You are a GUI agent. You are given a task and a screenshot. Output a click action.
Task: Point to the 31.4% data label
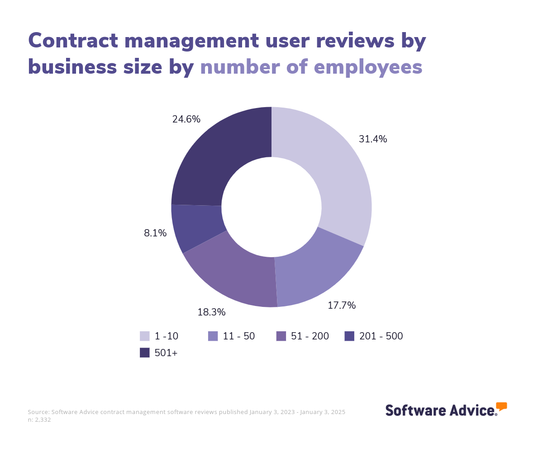(373, 139)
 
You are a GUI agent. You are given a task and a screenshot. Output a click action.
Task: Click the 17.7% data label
(342, 306)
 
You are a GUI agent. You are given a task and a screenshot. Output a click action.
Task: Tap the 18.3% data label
(211, 312)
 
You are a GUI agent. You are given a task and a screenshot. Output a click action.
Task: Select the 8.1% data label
(155, 233)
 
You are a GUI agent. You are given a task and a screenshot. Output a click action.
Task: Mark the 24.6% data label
(186, 119)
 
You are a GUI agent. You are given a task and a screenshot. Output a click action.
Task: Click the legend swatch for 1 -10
(145, 336)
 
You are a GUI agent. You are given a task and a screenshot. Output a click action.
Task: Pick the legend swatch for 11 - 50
(213, 336)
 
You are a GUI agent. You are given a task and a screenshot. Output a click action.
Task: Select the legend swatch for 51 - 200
(281, 336)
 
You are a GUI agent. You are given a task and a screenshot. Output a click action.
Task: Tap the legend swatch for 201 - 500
(349, 336)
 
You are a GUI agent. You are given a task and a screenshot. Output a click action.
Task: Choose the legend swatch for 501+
(145, 353)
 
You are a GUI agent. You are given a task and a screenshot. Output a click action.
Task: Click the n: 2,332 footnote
(39, 420)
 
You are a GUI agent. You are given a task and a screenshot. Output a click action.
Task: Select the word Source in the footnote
(38, 412)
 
